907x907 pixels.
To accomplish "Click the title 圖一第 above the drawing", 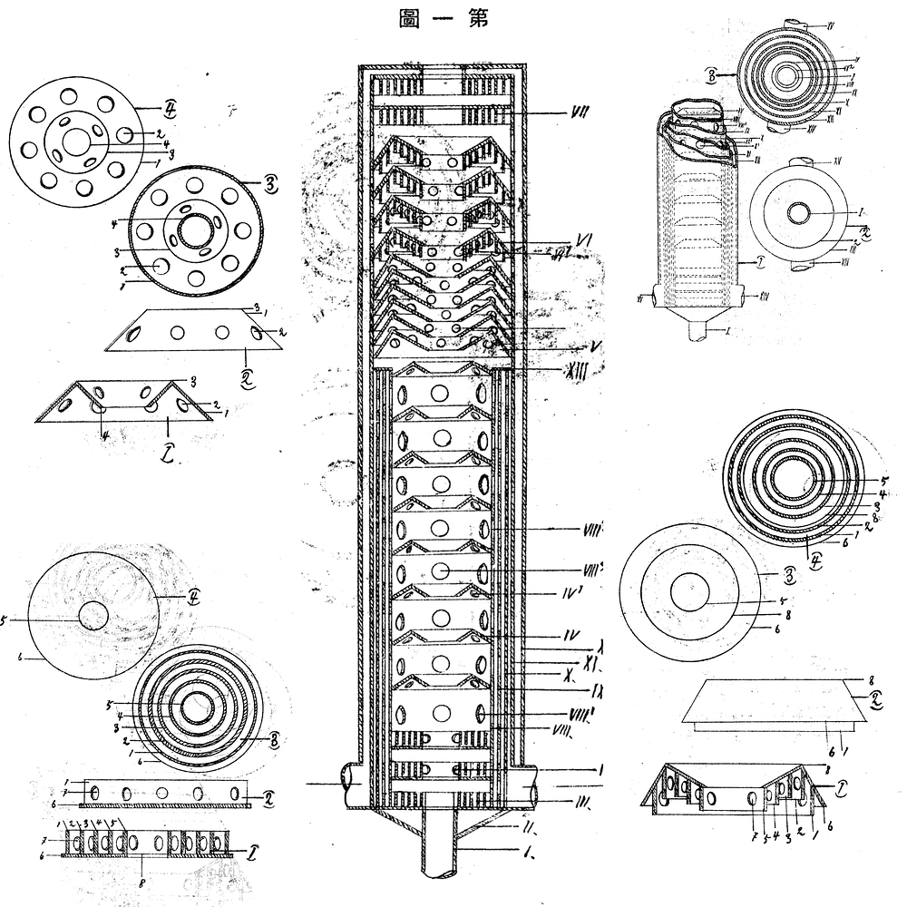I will coord(444,19).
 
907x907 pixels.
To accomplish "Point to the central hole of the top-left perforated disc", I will coord(78,142).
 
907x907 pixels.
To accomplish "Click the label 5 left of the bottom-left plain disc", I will coord(5,621).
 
